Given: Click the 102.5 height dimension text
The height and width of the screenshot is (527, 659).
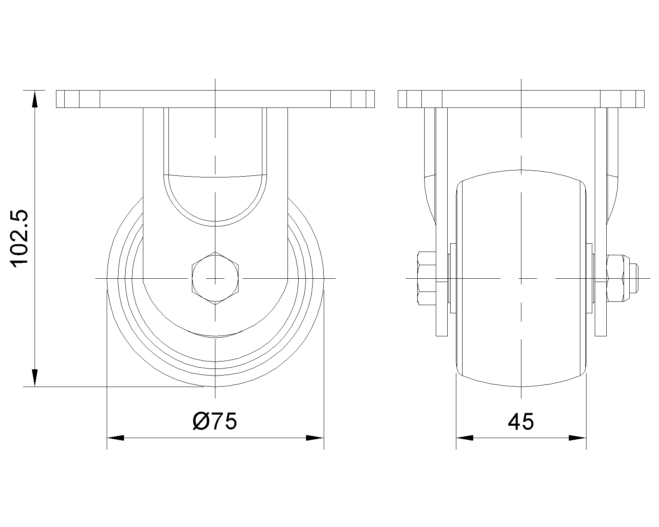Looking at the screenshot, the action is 20,238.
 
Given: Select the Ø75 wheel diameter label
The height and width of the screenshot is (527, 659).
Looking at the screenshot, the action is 215,421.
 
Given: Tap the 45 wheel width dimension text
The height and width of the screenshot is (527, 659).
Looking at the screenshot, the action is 521,422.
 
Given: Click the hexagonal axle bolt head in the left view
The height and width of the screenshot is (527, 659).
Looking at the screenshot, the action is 215,278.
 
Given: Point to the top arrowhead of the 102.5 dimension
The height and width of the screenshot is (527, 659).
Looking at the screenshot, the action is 35,99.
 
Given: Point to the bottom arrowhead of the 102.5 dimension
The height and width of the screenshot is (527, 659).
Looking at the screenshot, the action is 35,378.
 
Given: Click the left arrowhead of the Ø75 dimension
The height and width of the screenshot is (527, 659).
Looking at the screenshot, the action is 115,438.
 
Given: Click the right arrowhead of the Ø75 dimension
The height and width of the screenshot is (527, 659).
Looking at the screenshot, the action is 315,438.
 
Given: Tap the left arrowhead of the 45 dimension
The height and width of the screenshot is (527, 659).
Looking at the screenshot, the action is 465,438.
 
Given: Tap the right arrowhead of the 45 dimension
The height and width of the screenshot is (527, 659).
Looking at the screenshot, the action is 577,438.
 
